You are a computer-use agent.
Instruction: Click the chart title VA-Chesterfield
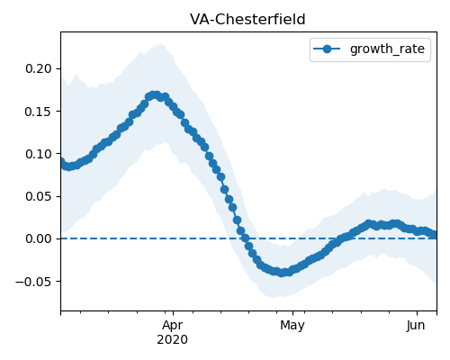point(247,20)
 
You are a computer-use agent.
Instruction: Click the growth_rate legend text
point(387,49)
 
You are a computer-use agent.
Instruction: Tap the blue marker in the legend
point(327,49)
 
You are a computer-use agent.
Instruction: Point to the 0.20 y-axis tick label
point(39,68)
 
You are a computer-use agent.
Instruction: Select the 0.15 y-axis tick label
point(39,112)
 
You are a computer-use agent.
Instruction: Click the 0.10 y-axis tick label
point(39,154)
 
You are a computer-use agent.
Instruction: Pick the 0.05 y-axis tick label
point(39,196)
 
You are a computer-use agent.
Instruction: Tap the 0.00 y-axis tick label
point(39,238)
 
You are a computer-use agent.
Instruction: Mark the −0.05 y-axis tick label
point(33,282)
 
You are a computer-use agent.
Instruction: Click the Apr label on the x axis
point(173,326)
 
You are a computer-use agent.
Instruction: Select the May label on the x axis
point(292,326)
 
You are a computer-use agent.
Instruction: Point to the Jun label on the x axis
point(416,325)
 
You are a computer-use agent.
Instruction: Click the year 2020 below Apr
point(173,339)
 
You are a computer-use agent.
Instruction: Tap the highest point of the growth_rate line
point(155,95)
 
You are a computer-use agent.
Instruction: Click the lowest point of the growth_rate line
point(282,273)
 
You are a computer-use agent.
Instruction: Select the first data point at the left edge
point(61,162)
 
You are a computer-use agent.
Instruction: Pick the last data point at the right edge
point(435,235)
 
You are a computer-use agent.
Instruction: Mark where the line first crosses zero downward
point(246,238)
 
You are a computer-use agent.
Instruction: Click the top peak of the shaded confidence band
point(161,45)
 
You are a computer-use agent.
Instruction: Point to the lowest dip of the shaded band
point(273,297)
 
